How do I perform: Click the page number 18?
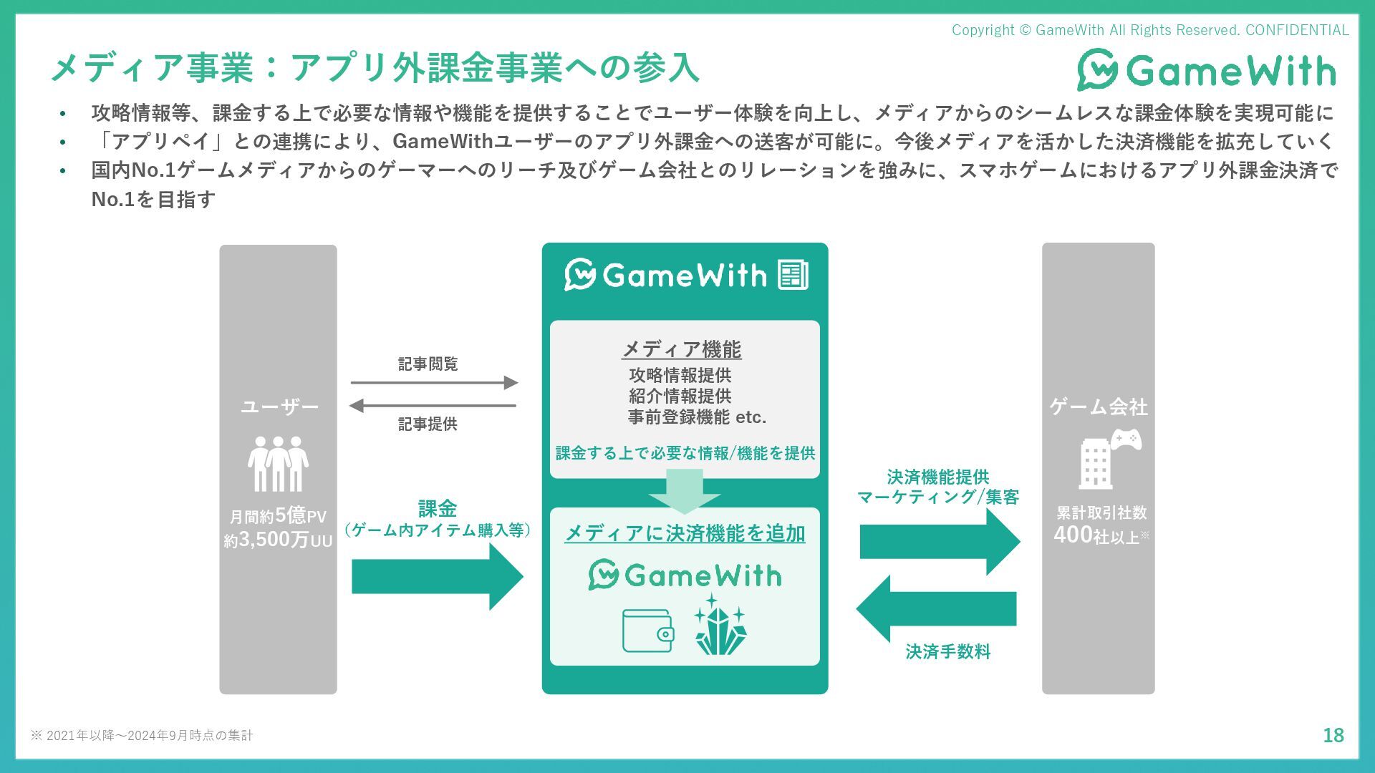[x=1333, y=735]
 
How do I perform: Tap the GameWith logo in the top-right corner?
[x=1207, y=70]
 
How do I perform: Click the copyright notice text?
[x=1149, y=30]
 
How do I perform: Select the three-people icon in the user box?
[x=278, y=464]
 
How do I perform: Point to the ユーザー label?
[x=279, y=407]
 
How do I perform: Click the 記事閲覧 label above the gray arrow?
[x=428, y=364]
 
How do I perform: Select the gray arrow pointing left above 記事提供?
[x=433, y=406]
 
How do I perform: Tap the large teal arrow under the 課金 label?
[x=437, y=577]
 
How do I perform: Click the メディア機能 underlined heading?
[x=681, y=349]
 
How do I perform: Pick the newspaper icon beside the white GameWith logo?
[x=793, y=275]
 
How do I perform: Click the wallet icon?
[x=647, y=631]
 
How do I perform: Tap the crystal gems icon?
[x=720, y=625]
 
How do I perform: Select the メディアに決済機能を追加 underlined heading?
[x=685, y=533]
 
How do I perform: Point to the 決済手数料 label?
[x=947, y=652]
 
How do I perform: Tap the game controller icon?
[x=1126, y=439]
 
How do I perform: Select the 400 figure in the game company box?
[x=1072, y=535]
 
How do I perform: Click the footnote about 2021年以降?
[x=142, y=736]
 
